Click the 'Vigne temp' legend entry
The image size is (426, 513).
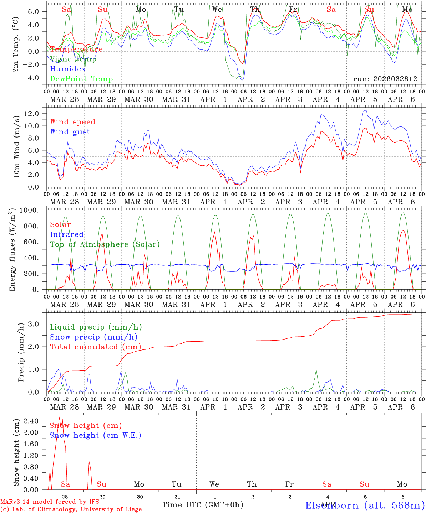tap(73, 59)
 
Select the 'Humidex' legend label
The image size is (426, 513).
tap(68, 69)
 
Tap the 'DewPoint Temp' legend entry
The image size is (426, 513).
tap(81, 79)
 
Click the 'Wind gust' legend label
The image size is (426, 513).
tap(70, 132)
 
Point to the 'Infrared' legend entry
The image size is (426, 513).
tap(67, 234)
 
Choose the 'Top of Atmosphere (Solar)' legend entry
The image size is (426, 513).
tap(105, 244)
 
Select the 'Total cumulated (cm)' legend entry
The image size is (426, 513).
tap(95, 347)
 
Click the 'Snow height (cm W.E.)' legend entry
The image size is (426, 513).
tap(95, 435)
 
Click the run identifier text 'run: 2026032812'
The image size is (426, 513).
tap(385, 79)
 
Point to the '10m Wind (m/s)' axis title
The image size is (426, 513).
tap(16, 147)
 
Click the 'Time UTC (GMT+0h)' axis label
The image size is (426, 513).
tap(203, 505)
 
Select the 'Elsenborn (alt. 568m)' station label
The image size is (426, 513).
tap(365, 505)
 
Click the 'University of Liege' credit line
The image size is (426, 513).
tap(71, 509)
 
